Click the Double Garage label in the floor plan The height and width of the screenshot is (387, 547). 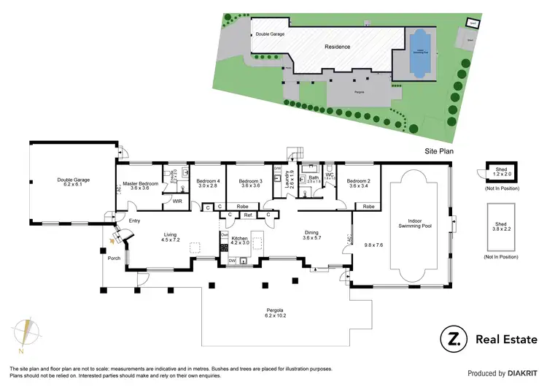pyautogui.click(x=73, y=182)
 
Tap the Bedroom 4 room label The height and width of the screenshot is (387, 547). pyautogui.click(x=207, y=183)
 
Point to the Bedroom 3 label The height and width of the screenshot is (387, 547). pyautogui.click(x=250, y=183)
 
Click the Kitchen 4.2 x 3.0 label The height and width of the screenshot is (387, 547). pyautogui.click(x=240, y=242)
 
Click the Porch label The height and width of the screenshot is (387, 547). pyautogui.click(x=114, y=256)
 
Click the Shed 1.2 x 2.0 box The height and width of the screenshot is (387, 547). pyautogui.click(x=500, y=173)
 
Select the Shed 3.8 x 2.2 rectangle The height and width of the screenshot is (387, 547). pyautogui.click(x=500, y=226)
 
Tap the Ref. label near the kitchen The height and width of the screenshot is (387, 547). pyautogui.click(x=248, y=215)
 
